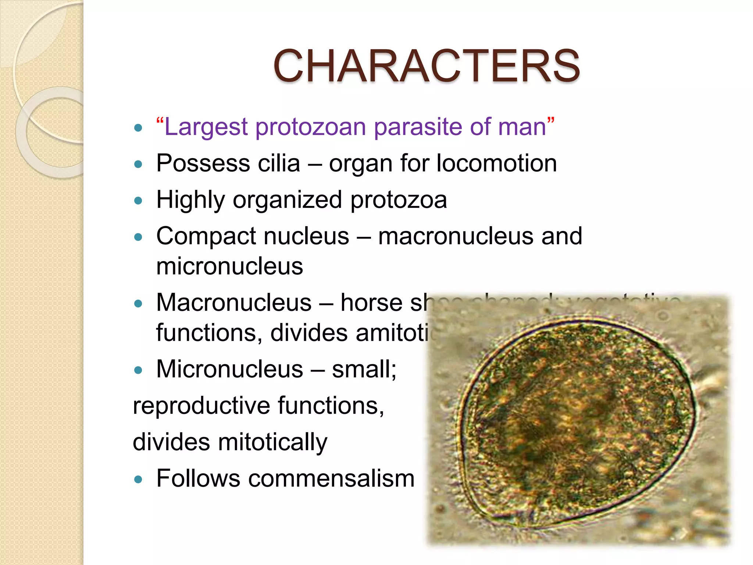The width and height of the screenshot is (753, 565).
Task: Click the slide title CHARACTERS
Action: (427, 66)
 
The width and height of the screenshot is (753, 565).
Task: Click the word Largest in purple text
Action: (206, 127)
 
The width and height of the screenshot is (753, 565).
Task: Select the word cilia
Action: (279, 163)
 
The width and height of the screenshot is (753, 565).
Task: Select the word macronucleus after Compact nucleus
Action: (456, 236)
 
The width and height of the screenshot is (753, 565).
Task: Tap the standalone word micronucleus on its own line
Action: (229, 266)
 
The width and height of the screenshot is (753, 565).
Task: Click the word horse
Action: (371, 303)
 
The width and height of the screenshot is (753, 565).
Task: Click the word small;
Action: (364, 369)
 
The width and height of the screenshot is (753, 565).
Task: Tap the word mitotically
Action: (272, 442)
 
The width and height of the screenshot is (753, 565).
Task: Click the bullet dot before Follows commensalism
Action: (138, 479)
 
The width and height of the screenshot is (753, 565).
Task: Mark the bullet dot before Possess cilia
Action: (138, 164)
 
